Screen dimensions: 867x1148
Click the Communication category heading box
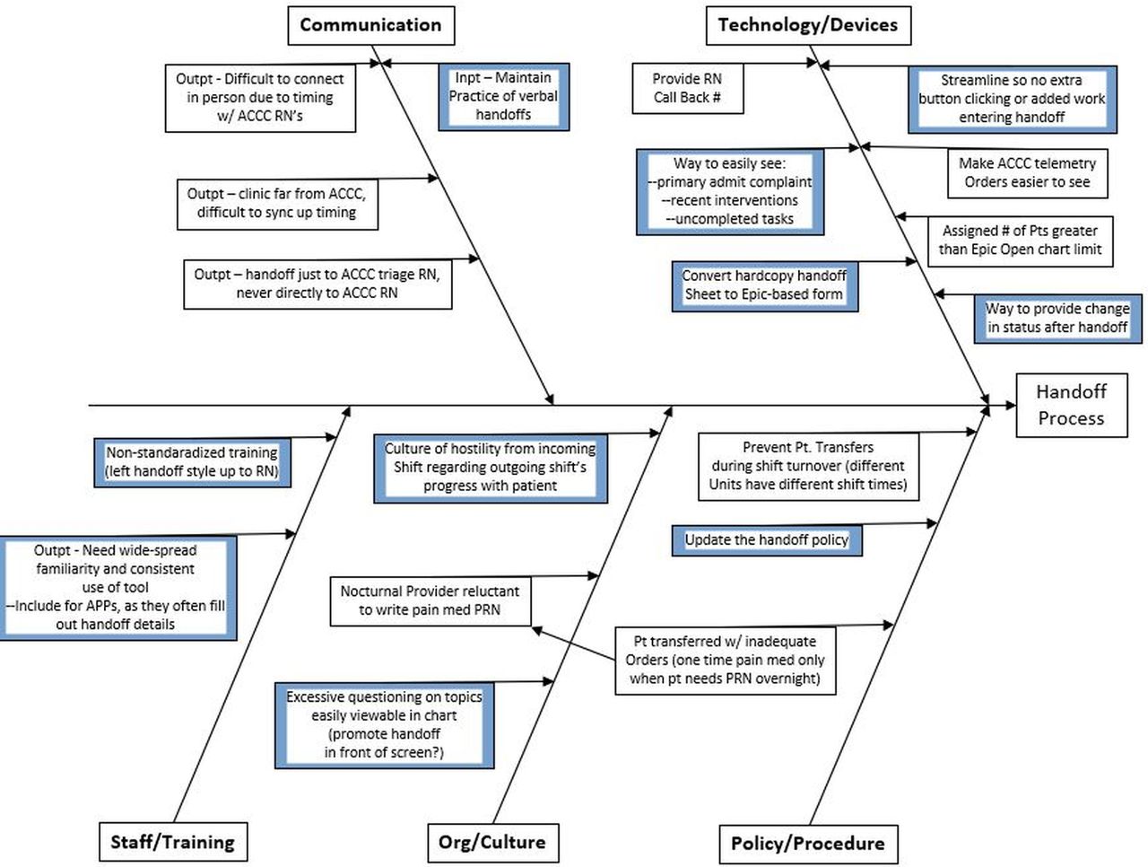tap(370, 25)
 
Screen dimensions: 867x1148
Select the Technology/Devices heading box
tap(807, 25)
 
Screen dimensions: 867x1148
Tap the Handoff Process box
tap(1071, 405)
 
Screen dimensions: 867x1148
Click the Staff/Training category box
tap(172, 842)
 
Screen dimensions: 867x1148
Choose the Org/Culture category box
tap(491, 842)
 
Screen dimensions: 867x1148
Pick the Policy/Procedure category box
tap(807, 844)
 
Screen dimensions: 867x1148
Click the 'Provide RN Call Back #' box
tap(687, 88)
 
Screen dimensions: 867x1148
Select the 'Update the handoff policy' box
tap(767, 540)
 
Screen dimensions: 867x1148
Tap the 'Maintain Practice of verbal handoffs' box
tap(503, 96)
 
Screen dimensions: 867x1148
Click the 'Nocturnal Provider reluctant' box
tap(430, 600)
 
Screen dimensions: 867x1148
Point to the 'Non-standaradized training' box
tap(192, 462)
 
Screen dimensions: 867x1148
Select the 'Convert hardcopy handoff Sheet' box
tap(764, 285)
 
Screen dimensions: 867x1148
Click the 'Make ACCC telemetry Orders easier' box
tap(1027, 172)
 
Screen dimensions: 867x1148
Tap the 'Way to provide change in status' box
tap(1057, 318)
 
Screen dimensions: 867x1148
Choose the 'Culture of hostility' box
tap(490, 467)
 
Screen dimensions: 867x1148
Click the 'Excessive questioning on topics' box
tap(384, 724)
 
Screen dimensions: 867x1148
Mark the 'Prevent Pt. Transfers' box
tap(808, 466)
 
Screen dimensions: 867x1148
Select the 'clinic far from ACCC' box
tap(276, 203)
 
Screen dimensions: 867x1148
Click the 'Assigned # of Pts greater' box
tap(1020, 241)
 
